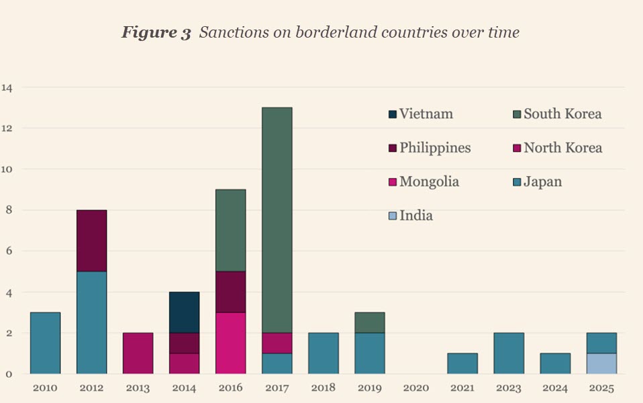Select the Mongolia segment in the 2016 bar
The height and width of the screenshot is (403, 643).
coord(230,343)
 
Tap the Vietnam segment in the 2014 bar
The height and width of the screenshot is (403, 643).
coord(184,312)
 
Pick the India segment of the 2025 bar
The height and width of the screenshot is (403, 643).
coord(601,363)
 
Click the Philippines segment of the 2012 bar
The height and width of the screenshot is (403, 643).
coord(91,240)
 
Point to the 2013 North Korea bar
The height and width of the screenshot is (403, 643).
coord(138,353)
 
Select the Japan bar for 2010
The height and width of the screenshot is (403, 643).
coord(45,343)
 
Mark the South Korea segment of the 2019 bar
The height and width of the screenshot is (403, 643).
coord(369,322)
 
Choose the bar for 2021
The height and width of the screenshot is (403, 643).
coord(462,363)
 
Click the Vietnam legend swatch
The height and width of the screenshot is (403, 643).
coord(393,114)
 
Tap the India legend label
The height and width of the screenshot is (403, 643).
coord(416,216)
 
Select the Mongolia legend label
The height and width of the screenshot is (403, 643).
coord(429,182)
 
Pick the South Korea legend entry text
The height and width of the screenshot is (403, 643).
coord(562,114)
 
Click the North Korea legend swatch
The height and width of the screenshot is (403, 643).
coord(517,148)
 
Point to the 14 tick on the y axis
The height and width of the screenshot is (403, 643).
coord(7,87)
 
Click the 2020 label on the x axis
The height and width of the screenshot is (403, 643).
coord(415,388)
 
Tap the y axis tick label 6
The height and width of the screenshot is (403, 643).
coord(7,251)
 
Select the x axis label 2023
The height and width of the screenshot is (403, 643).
coord(508,388)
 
